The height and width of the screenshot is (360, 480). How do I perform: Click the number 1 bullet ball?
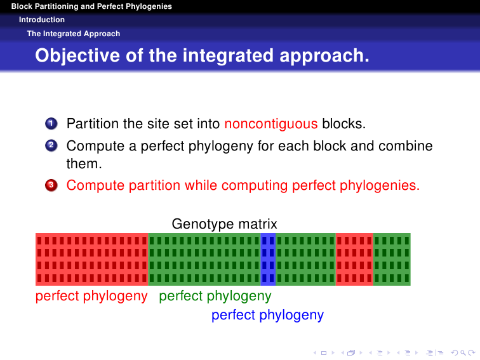pos(51,124)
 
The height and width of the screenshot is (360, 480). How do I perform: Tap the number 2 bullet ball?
pos(51,145)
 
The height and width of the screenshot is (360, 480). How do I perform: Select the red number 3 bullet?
pos(51,185)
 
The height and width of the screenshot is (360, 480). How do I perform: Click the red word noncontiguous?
pos(271,124)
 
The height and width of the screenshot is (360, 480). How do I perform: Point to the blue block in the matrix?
pos(268,259)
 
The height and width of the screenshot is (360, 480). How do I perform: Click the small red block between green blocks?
pos(354,259)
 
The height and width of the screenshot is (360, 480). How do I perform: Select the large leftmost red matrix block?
pos(92,259)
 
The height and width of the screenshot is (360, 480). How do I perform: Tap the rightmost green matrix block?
pos(392,259)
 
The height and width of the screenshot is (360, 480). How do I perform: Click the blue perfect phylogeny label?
pos(267,315)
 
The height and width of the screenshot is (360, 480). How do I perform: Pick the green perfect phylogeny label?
pos(215,296)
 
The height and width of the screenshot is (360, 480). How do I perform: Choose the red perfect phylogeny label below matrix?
pos(91,296)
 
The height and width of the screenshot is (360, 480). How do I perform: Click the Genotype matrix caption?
pos(224,223)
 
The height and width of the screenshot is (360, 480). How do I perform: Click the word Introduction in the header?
pos(42,20)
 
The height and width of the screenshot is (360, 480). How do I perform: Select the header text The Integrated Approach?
pos(74,34)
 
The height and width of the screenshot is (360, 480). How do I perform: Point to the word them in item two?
pos(84,164)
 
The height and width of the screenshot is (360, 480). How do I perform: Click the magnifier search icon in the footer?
pos(463,353)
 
